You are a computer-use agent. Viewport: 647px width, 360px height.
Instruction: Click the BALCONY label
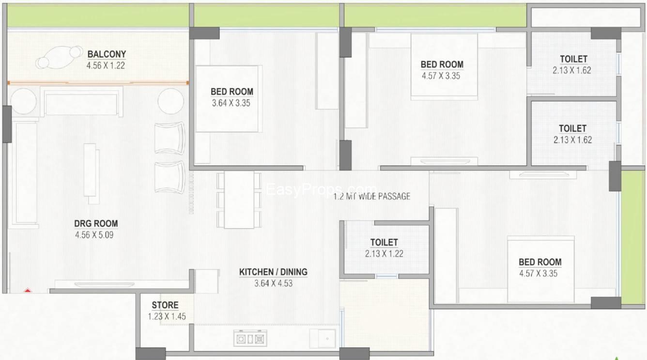(x=107, y=54)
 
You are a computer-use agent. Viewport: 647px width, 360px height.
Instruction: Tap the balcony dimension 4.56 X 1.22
(x=106, y=65)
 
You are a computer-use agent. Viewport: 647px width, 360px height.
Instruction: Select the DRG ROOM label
(x=96, y=223)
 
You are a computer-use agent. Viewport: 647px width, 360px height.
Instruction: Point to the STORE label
(x=165, y=305)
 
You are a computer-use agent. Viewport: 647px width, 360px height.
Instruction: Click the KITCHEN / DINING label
(x=273, y=272)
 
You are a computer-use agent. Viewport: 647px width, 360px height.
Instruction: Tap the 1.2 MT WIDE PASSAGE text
(x=372, y=196)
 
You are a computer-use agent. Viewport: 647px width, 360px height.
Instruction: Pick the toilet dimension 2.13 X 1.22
(x=384, y=254)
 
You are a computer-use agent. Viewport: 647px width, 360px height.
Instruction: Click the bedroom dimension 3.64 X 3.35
(x=231, y=103)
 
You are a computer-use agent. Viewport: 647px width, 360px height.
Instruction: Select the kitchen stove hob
(x=250, y=338)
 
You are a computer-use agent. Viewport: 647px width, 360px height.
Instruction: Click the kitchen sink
(x=323, y=338)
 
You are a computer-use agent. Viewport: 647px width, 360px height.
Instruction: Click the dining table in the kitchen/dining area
(x=239, y=200)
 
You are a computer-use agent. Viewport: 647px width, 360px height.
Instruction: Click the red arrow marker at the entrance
(x=27, y=290)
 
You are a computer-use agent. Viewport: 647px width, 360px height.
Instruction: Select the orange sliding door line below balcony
(x=98, y=83)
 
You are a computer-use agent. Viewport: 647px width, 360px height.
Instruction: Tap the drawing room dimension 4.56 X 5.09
(x=94, y=235)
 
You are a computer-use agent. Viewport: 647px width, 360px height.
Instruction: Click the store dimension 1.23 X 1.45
(x=167, y=316)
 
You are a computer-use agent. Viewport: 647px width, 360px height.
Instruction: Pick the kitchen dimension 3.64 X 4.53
(x=273, y=283)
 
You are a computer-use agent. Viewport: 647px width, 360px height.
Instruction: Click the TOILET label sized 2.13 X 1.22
(x=384, y=242)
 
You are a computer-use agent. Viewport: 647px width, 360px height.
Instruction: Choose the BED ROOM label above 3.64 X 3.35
(x=232, y=92)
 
